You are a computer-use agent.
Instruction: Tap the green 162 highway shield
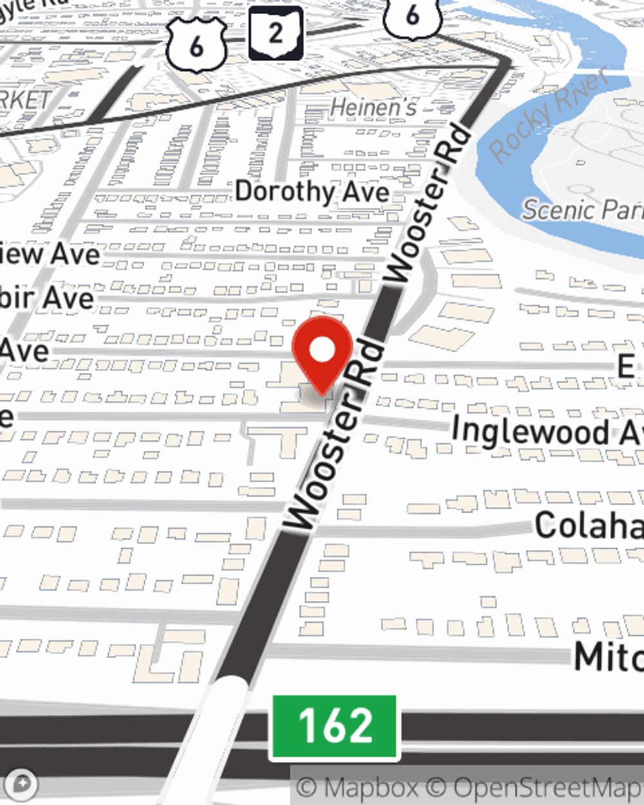coord(334,726)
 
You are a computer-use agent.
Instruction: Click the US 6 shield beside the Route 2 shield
coord(196,44)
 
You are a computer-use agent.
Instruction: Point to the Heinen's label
coord(374,108)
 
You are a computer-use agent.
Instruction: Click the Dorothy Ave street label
coord(312,191)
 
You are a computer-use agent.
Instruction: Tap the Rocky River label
coord(549,115)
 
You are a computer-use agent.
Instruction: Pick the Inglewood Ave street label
coord(547,430)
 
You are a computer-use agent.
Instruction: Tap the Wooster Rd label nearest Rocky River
coord(428,203)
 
